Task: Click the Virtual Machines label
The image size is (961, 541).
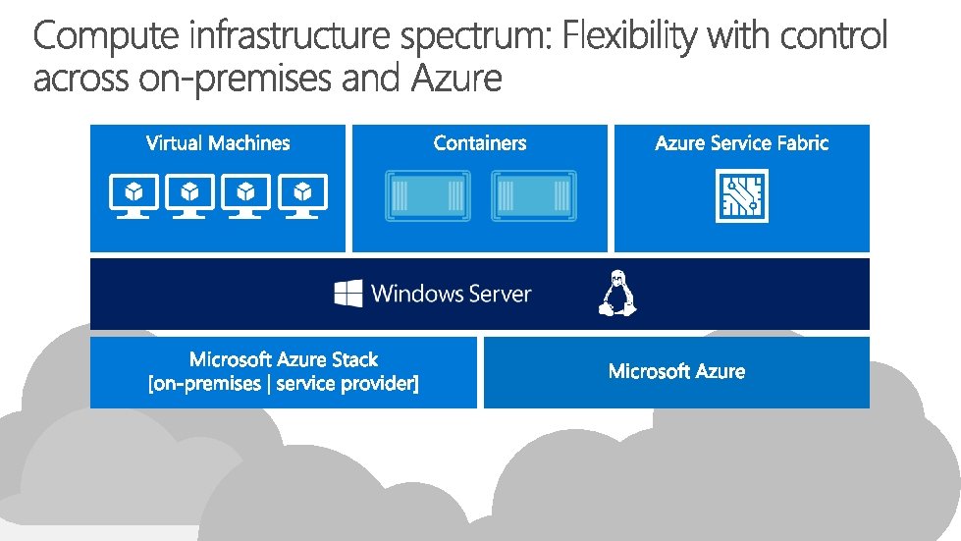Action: pyautogui.click(x=218, y=143)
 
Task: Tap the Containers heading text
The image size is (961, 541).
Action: pyautogui.click(x=480, y=143)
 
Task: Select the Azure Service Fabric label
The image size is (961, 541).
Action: pyautogui.click(x=742, y=143)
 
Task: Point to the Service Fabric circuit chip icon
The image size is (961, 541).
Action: pyautogui.click(x=742, y=195)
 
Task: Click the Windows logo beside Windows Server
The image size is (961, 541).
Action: pyautogui.click(x=348, y=293)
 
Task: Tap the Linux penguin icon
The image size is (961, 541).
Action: pyautogui.click(x=617, y=293)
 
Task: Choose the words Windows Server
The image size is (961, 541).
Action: pyautogui.click(x=452, y=293)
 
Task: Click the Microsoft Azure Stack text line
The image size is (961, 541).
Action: pyautogui.click(x=284, y=359)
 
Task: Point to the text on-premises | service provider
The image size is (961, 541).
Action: pyautogui.click(x=284, y=384)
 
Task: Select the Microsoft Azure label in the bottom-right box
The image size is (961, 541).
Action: pyautogui.click(x=676, y=371)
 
